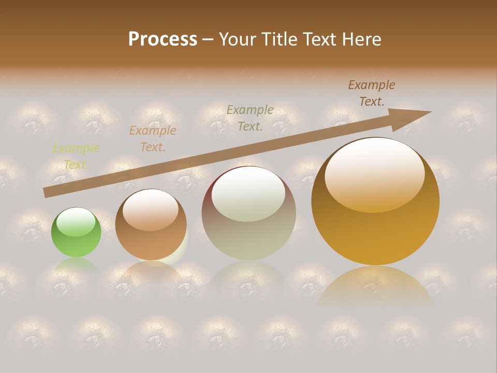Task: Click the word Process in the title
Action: (163, 39)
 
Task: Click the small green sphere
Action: (76, 233)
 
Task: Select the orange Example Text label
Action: (153, 139)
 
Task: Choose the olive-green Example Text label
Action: (250, 118)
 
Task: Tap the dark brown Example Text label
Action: (372, 93)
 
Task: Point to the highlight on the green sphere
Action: (76, 221)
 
